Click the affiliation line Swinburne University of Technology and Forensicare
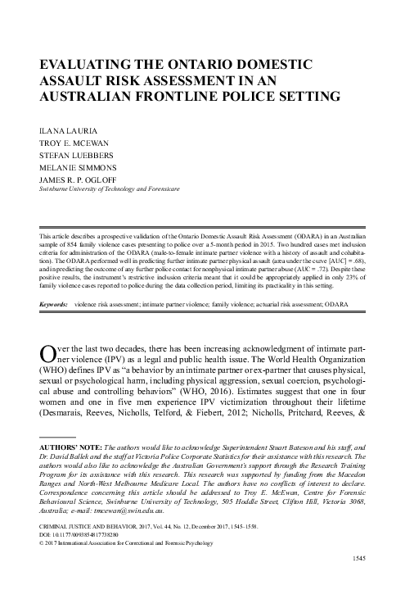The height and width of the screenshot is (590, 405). (109, 194)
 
